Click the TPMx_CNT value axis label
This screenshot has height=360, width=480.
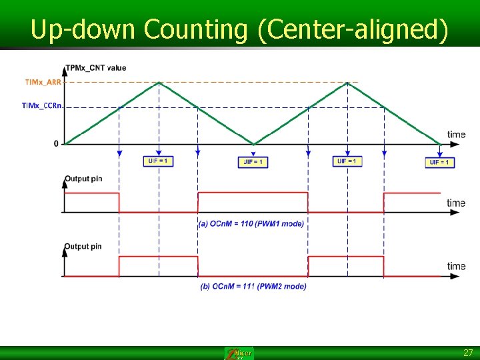pos(95,67)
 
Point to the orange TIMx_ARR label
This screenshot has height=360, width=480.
pos(43,82)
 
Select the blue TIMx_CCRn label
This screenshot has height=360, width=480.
pos(42,105)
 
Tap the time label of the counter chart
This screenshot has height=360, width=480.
pos(456,135)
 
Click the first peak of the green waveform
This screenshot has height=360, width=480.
pos(159,83)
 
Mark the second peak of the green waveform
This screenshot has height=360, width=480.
pos(347,83)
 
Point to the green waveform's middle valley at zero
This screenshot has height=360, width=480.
pos(253,143)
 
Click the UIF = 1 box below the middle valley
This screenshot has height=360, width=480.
pos(253,162)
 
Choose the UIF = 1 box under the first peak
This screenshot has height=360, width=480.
pos(159,161)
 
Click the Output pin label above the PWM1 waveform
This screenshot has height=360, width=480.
pos(83,179)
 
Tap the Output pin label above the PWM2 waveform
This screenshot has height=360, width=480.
pos(83,247)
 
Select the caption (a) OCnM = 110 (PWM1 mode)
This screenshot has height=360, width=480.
pos(251,224)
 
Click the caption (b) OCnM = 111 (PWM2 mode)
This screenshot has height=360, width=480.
pos(253,287)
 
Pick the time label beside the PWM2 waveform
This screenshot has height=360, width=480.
pos(456,266)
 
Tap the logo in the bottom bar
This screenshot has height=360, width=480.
pos(239,353)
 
